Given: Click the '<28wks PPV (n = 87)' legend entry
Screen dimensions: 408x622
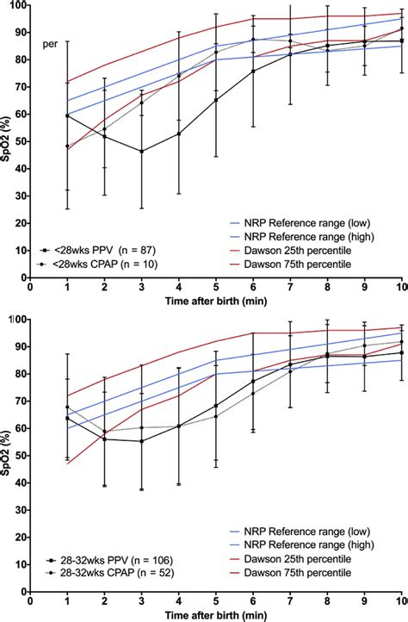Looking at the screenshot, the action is (98, 251).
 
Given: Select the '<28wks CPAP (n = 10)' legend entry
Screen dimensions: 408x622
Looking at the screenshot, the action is (99, 264).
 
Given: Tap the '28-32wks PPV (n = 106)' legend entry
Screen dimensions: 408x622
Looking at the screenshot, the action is (109, 561).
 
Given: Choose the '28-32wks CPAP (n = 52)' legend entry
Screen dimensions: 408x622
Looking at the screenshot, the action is (110, 573).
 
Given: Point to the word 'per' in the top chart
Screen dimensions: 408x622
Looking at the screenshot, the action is (50, 45).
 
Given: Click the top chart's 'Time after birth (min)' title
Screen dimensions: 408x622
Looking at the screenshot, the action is (216, 301).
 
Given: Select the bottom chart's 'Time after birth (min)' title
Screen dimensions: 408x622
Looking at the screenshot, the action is (216, 615).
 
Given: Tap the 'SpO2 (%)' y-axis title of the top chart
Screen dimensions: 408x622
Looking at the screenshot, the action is (5, 140).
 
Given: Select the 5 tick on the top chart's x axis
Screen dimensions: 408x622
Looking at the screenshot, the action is (216, 287).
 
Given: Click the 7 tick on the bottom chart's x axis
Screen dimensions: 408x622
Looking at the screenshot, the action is (291, 601).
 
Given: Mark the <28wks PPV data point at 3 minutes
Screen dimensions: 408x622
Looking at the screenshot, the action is (141, 152).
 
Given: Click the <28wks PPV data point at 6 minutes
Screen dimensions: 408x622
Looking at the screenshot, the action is (253, 72).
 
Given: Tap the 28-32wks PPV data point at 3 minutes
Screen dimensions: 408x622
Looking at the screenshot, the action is (141, 441).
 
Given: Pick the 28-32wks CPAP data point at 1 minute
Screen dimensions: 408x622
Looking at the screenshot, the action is (67, 407).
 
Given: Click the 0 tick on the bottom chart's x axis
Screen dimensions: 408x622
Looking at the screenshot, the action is (30, 601).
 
